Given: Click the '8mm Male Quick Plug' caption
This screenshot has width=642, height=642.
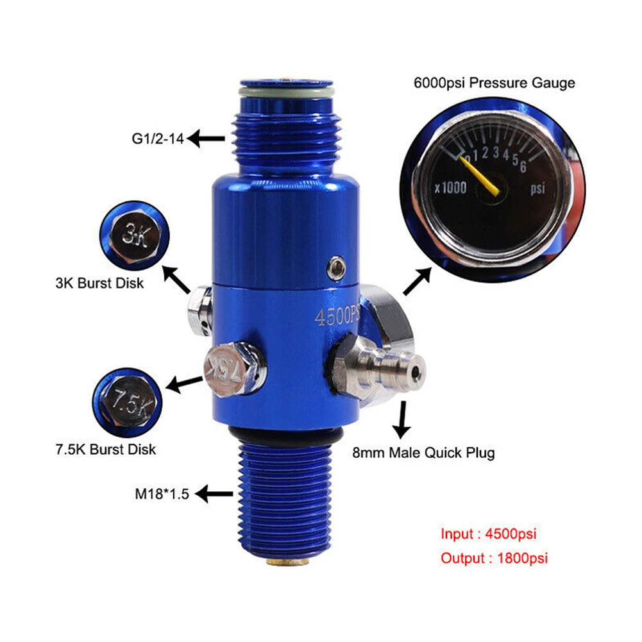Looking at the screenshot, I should pos(424,453).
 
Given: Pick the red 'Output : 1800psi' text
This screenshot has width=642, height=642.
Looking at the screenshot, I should pos(494,558).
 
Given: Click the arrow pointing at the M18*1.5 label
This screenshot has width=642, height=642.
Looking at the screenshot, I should pos(214,494).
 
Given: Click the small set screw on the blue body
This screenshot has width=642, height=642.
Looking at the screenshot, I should pos(334,267).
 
